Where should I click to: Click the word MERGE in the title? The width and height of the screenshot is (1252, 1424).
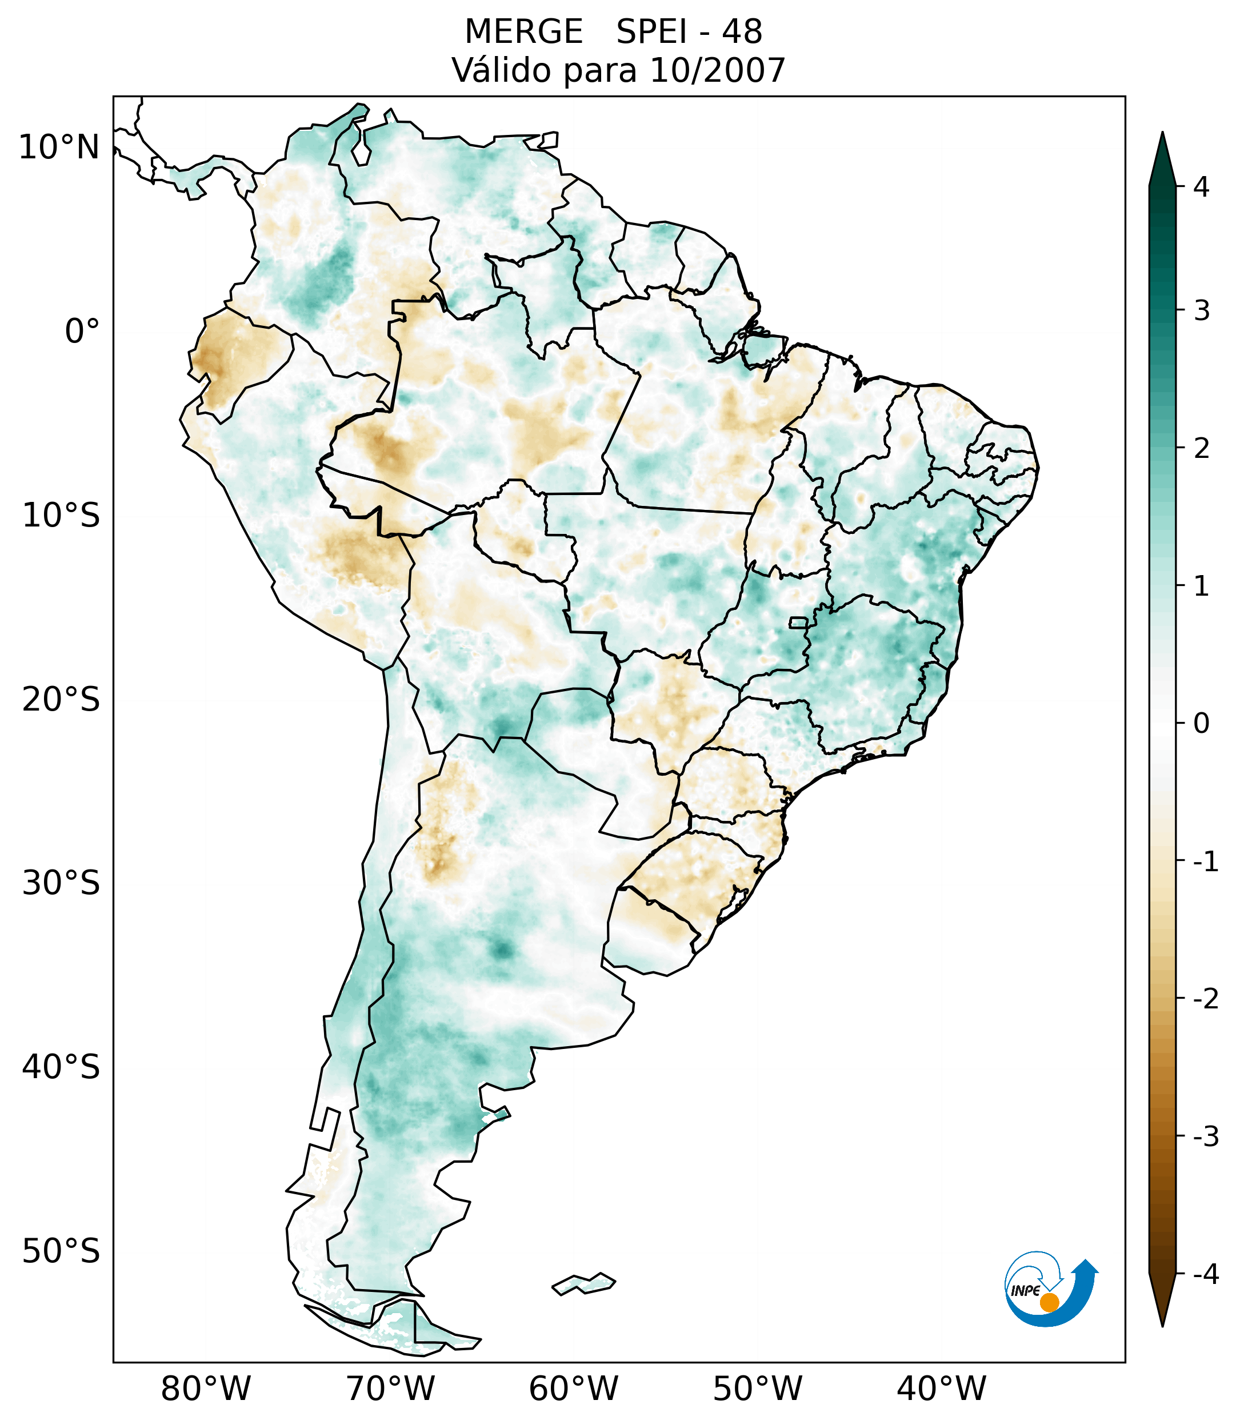523,32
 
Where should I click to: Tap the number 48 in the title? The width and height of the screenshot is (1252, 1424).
742,32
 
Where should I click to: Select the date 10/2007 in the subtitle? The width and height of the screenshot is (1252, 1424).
717,70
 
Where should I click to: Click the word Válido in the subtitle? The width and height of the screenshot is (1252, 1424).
501,70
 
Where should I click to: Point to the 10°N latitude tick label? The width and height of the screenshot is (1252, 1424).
59,147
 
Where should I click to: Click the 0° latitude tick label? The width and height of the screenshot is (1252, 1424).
82,332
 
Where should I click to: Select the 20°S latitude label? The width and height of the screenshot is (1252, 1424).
61,700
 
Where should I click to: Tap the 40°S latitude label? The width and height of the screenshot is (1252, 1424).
61,1067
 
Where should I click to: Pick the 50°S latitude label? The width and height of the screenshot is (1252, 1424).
61,1252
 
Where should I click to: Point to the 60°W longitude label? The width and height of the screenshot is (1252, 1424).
573,1389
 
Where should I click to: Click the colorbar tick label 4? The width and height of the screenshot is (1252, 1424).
1201,187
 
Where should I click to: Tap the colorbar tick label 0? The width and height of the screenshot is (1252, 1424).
1201,724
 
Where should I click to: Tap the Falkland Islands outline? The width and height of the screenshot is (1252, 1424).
583,1283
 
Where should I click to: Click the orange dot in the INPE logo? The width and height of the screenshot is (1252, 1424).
1049,1302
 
